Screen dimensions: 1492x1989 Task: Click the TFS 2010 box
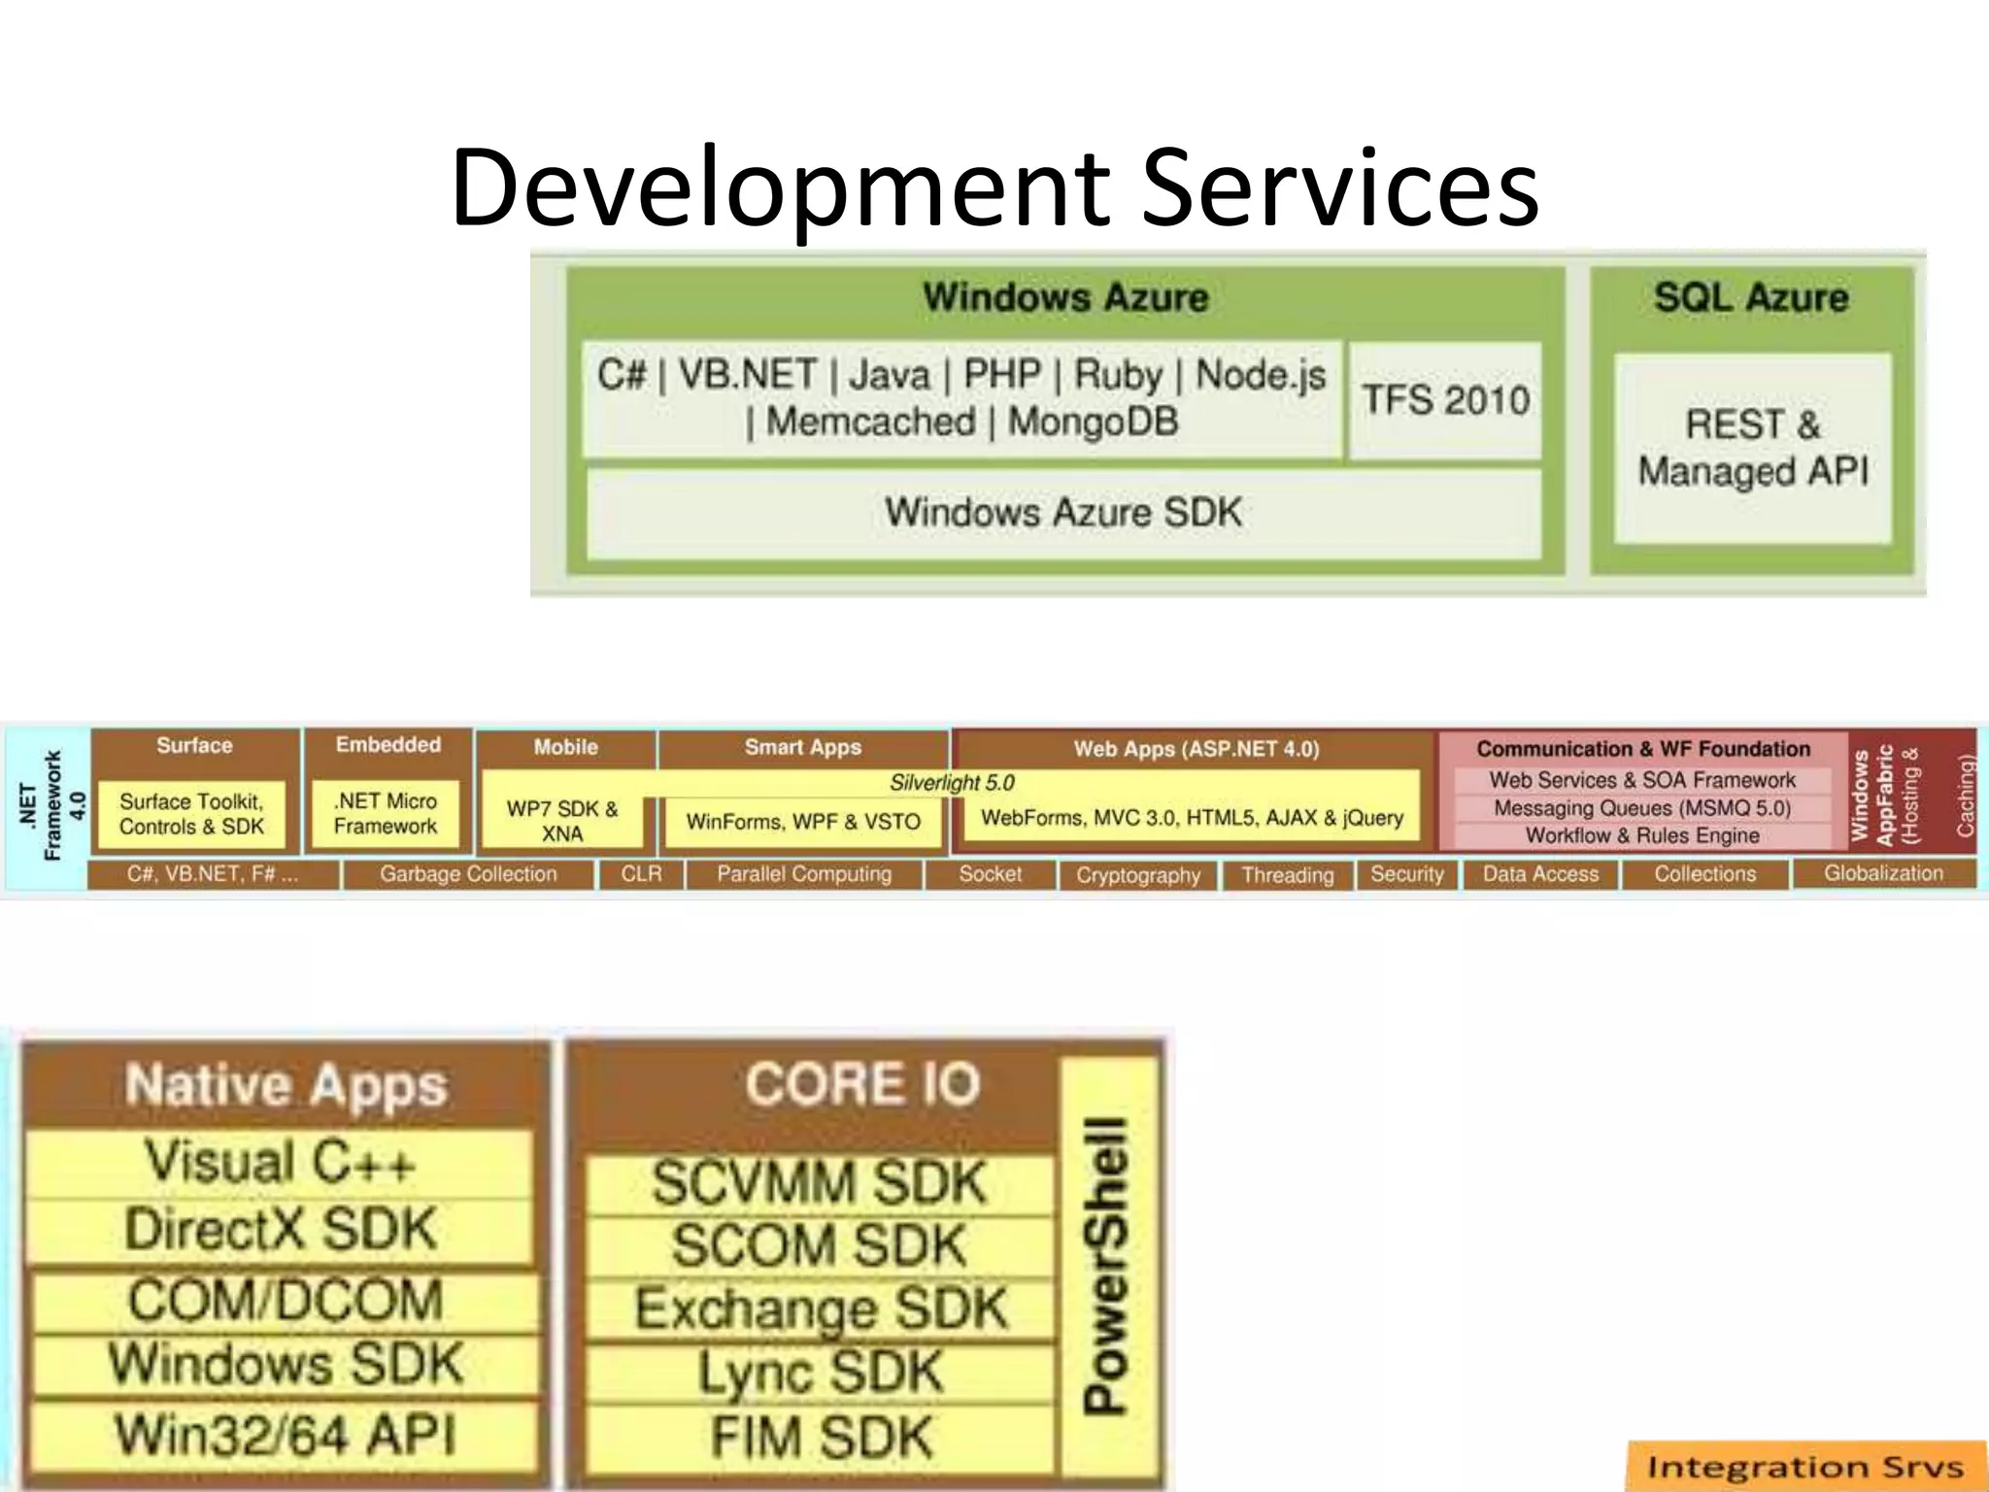pos(1445,400)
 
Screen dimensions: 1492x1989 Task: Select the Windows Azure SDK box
pos(1063,513)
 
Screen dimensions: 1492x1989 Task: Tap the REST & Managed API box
pos(1753,448)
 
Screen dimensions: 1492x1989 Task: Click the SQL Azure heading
pos(1751,297)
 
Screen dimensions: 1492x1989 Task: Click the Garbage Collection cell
pos(468,874)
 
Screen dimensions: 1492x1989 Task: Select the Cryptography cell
pos(1138,875)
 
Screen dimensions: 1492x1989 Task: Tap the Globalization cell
pos(1883,873)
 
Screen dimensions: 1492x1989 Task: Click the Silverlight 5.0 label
pos(951,783)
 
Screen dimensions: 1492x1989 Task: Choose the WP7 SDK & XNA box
pos(562,821)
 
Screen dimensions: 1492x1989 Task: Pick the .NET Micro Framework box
pos(386,814)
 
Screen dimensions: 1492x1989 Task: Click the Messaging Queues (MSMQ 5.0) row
pos(1642,808)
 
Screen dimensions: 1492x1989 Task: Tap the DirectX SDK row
pos(281,1230)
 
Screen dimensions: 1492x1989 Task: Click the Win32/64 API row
pos(284,1435)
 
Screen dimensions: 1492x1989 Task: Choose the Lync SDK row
pos(821,1373)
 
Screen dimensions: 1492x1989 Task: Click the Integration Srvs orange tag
pos(1804,1467)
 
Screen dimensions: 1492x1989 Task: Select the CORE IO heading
pos(861,1084)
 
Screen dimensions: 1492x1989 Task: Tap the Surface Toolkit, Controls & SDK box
pos(191,814)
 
